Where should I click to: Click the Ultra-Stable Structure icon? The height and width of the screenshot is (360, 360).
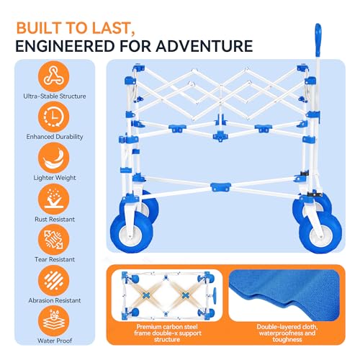pyautogui.click(x=53, y=76)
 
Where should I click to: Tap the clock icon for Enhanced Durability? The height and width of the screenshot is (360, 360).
pyautogui.click(x=53, y=117)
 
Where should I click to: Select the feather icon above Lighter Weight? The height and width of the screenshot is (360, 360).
pyautogui.click(x=53, y=158)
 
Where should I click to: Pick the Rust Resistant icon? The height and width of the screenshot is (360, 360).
pyautogui.click(x=53, y=199)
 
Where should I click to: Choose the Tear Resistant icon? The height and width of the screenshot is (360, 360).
pyautogui.click(x=53, y=240)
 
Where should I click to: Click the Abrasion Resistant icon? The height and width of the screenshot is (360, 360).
pyautogui.click(x=53, y=280)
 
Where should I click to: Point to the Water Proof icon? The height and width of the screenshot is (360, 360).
pyautogui.click(x=53, y=321)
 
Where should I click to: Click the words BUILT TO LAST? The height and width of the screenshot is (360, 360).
pyautogui.click(x=76, y=28)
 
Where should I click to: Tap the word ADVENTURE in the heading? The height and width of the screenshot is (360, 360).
pyautogui.click(x=204, y=46)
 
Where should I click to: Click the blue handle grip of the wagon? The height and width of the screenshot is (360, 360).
pyautogui.click(x=318, y=39)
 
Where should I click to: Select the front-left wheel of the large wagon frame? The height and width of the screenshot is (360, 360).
pyautogui.click(x=132, y=232)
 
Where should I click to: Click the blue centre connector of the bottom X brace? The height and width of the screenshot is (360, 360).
pyautogui.click(x=220, y=186)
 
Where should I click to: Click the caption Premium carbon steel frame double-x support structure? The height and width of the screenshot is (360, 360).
pyautogui.click(x=167, y=333)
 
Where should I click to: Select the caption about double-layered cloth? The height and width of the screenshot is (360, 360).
pyautogui.click(x=287, y=333)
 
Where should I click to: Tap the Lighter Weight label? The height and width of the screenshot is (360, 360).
pyautogui.click(x=55, y=178)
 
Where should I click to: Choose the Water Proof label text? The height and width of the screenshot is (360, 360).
pyautogui.click(x=55, y=341)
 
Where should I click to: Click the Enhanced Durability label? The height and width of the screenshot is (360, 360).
pyautogui.click(x=55, y=137)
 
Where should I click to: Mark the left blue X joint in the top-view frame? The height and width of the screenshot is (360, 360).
pyautogui.click(x=145, y=295)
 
